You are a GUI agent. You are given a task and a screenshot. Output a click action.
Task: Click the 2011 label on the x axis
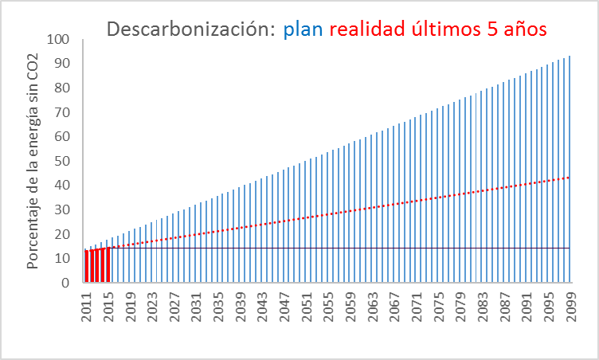(86, 307)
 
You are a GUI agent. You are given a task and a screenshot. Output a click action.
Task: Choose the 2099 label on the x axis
(571, 307)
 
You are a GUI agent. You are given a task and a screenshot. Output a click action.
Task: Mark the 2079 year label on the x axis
(460, 307)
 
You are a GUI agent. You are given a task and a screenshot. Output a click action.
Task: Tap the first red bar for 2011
(86, 266)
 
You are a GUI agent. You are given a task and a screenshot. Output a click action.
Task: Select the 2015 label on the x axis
(108, 307)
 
